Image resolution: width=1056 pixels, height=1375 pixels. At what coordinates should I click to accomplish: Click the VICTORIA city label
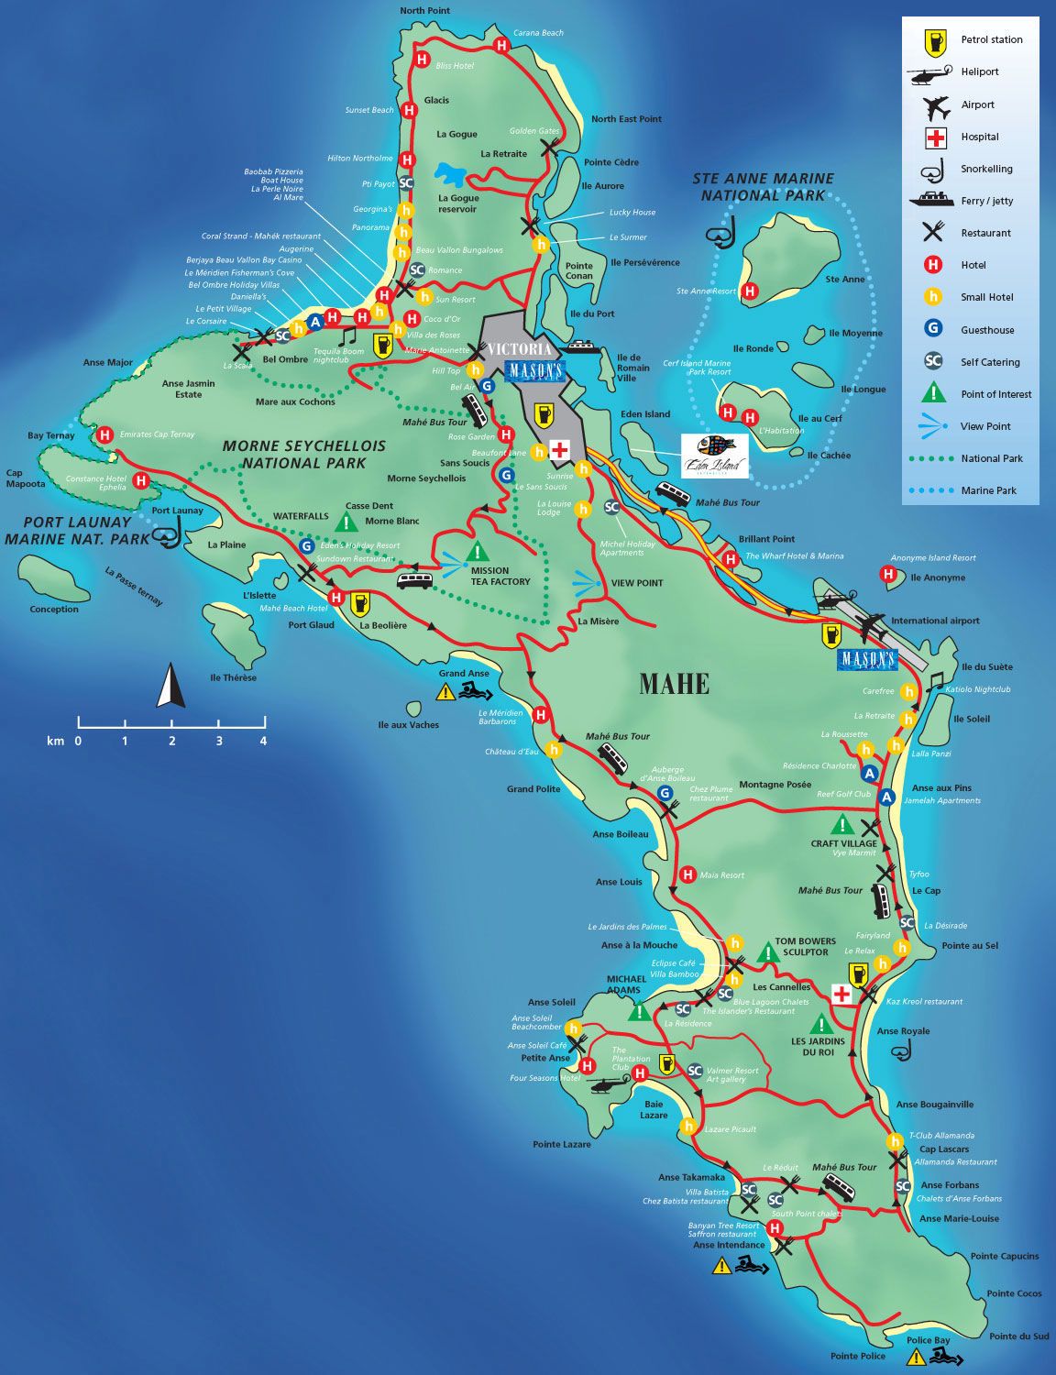tap(520, 349)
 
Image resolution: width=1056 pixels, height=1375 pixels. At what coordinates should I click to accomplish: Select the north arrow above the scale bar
tap(170, 687)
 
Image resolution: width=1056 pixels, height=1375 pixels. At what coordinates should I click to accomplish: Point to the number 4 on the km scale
tap(263, 741)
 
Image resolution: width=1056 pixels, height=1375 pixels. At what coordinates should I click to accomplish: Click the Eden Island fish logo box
tap(715, 456)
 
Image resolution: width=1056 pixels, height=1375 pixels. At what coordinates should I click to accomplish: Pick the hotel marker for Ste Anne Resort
tap(750, 291)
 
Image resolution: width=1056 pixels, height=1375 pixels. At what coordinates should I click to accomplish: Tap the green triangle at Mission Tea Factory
tap(477, 552)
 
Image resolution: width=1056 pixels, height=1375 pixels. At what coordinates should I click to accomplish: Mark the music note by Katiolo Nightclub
tap(934, 681)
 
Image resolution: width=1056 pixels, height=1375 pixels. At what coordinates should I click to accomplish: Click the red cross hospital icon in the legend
tap(935, 137)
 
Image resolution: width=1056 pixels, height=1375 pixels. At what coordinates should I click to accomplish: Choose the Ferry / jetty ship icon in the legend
tap(934, 201)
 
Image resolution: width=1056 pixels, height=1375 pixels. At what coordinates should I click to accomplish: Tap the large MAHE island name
tap(674, 684)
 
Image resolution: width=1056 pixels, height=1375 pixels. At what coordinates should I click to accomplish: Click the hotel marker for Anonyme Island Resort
tap(887, 575)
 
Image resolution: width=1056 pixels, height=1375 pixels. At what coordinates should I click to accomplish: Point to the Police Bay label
tap(928, 1340)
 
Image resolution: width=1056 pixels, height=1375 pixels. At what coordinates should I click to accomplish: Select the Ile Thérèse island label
tap(233, 678)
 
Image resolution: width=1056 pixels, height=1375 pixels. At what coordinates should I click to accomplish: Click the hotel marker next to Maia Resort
tap(687, 875)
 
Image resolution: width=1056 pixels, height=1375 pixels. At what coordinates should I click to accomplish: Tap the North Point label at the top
tap(424, 11)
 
